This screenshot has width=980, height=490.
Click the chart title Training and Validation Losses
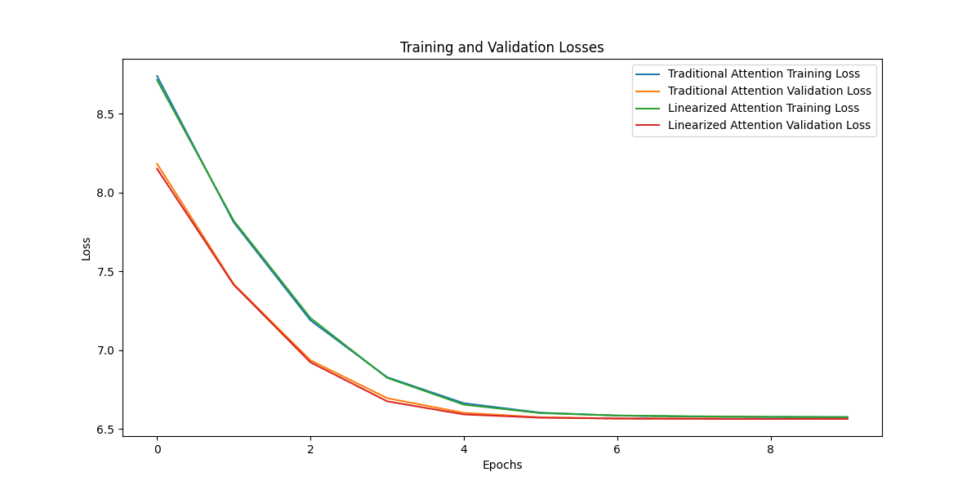point(501,47)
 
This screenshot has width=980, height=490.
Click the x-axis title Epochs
point(501,465)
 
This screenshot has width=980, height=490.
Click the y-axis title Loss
point(87,248)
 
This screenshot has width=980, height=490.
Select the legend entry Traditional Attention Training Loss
point(768,73)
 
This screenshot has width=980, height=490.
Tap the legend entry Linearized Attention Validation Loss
point(768,126)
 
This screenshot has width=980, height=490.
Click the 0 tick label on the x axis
point(157,449)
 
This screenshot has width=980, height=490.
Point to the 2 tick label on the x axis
point(310,449)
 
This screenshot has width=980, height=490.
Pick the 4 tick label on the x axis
point(464,449)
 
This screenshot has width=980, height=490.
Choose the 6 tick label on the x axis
point(617,449)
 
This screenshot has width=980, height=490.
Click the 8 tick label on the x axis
point(771,449)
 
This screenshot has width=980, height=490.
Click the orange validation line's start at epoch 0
point(157,164)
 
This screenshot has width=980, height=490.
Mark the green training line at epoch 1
point(234,221)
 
